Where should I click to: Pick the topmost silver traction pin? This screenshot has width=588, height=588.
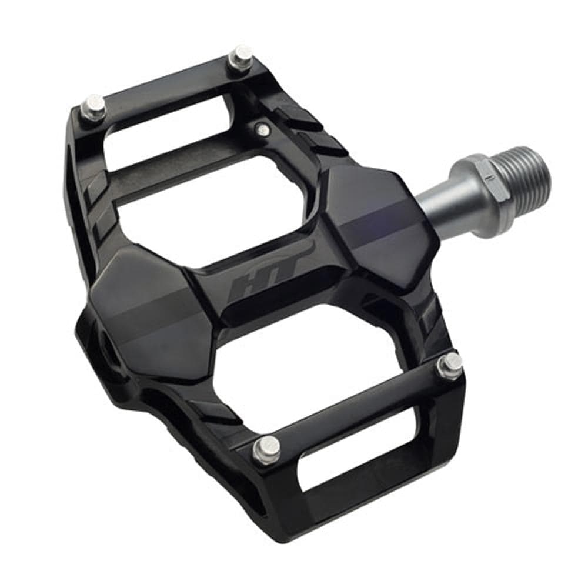[242, 56]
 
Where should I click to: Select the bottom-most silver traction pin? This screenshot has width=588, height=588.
[266, 448]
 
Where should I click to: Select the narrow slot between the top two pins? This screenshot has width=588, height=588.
[159, 124]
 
